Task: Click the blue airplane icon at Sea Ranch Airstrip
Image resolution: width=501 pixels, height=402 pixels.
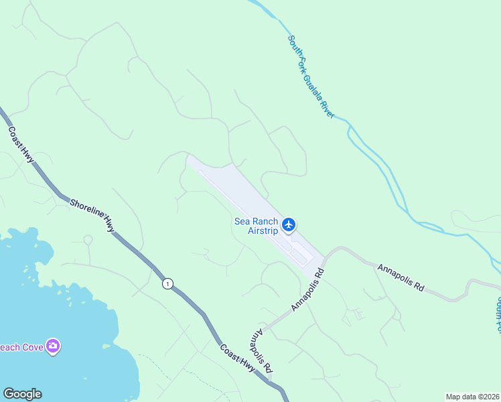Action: click(289, 224)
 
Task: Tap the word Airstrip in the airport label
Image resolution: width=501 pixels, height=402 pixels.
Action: click(263, 231)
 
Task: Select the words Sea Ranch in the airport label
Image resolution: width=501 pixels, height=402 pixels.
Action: click(255, 222)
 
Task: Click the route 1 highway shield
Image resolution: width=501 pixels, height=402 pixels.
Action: click(167, 284)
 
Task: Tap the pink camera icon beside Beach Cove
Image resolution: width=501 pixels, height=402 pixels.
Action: click(53, 346)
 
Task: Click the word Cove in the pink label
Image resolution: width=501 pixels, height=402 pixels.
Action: click(31, 346)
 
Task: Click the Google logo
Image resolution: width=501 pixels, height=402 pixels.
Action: click(22, 394)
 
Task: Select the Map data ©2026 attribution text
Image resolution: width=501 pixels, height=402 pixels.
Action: click(472, 397)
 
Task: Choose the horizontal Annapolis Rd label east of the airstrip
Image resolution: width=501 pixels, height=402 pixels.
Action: click(401, 277)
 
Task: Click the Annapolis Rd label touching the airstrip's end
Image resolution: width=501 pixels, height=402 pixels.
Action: click(308, 289)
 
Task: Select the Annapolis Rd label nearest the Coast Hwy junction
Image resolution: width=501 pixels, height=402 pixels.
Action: click(262, 351)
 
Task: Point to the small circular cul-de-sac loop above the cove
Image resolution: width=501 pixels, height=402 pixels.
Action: click(87, 239)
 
